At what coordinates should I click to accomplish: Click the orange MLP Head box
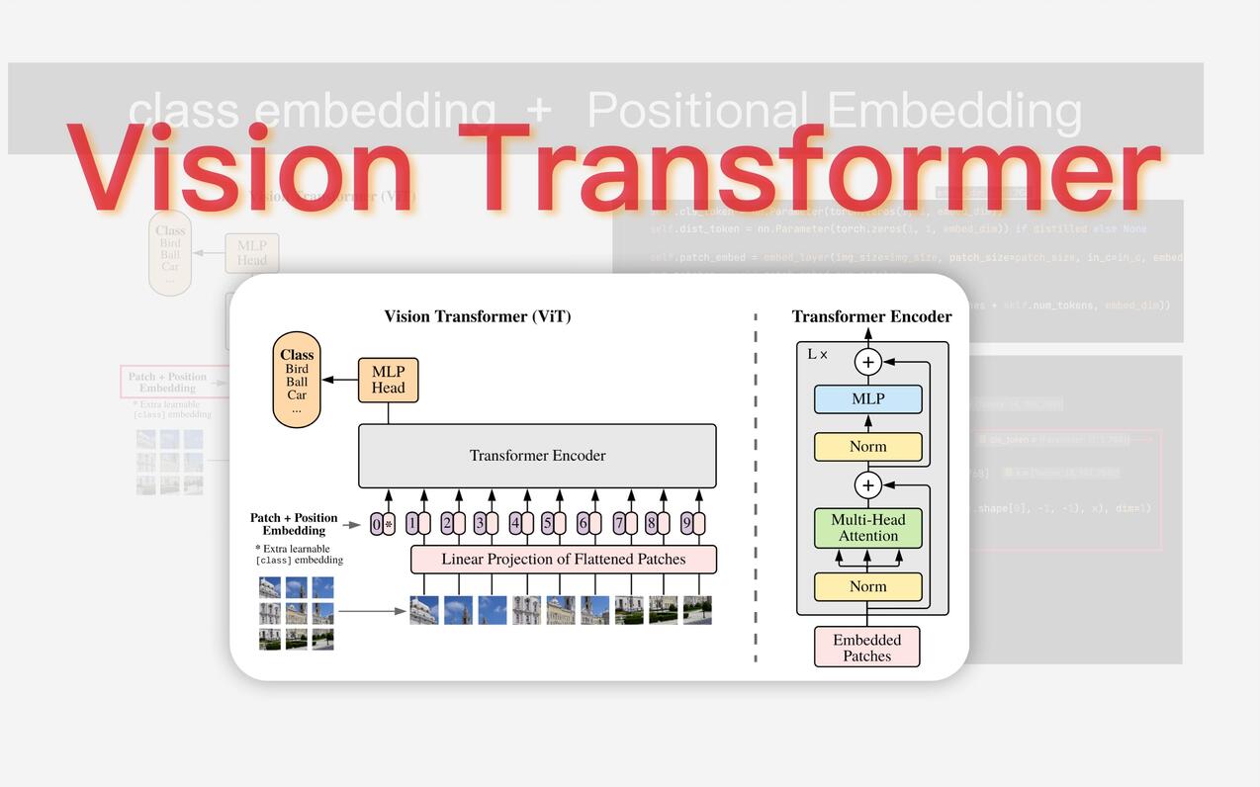pos(388,380)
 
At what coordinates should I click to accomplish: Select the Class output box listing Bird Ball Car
pos(297,380)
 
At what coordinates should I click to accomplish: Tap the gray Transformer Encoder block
pos(537,456)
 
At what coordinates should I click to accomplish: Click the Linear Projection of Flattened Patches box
pos(563,560)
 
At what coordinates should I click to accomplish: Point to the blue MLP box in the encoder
pos(867,399)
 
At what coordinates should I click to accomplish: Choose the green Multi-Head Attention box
pos(867,528)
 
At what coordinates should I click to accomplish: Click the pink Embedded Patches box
pos(866,647)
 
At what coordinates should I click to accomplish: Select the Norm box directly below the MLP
pos(867,447)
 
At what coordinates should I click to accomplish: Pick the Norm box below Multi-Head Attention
pos(867,586)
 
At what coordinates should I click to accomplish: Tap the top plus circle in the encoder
pos(868,362)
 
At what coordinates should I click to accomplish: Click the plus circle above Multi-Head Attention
pos(868,485)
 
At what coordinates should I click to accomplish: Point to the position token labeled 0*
pos(382,524)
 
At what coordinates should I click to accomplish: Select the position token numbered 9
pos(692,524)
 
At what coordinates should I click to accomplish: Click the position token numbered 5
pos(553,524)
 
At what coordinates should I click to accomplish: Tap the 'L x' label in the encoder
pos(817,354)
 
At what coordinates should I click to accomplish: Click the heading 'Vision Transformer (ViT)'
pos(477,316)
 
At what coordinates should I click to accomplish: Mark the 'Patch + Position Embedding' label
pos(294,524)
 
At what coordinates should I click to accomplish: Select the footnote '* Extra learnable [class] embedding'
pos(299,555)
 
